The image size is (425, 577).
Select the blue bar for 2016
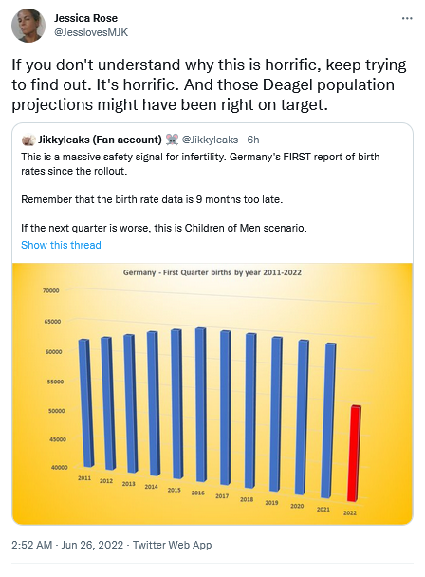(x=200, y=404)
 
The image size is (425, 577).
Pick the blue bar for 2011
(x=84, y=403)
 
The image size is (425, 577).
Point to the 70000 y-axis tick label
(x=51, y=290)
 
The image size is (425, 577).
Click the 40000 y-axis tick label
(x=59, y=467)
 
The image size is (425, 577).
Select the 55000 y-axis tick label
(x=55, y=382)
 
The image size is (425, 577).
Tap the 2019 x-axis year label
(x=271, y=503)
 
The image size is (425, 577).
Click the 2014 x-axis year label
(x=151, y=487)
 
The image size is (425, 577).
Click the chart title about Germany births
(x=212, y=272)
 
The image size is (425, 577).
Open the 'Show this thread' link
(x=61, y=245)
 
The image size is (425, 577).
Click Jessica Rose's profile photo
(x=28, y=26)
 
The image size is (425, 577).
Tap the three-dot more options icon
(x=407, y=18)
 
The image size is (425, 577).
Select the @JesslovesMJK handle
(x=91, y=32)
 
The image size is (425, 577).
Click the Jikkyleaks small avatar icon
(x=28, y=140)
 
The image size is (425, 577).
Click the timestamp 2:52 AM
(x=31, y=545)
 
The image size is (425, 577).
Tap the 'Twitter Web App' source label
(x=173, y=545)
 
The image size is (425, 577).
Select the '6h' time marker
(x=253, y=140)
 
